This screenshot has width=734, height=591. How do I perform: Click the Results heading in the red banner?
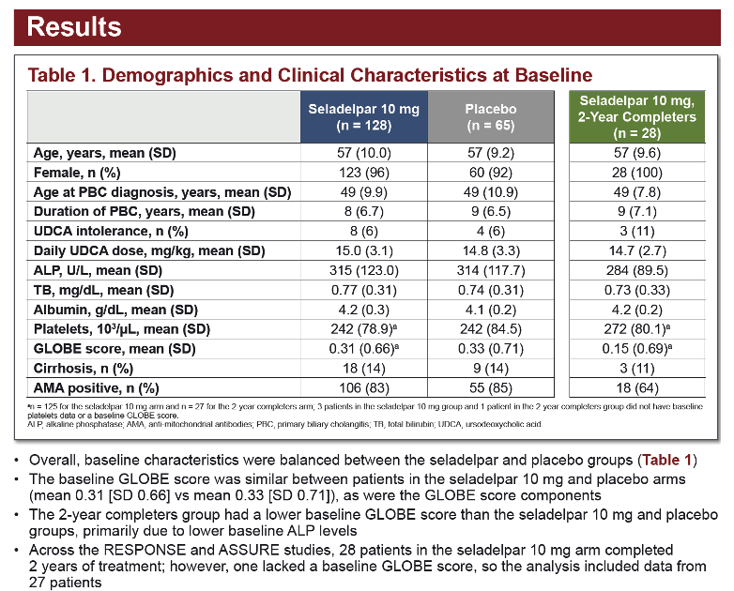(x=74, y=26)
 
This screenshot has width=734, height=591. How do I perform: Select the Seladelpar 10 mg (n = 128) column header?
(x=364, y=117)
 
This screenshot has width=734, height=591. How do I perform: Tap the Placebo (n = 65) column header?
(x=491, y=117)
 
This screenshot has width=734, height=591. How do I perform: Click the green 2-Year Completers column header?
(x=636, y=117)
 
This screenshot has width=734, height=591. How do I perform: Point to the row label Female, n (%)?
(x=77, y=173)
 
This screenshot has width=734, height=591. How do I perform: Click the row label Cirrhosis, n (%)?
(x=84, y=369)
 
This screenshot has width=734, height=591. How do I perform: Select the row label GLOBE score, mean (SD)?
(x=115, y=349)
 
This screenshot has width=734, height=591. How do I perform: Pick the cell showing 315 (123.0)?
(x=364, y=270)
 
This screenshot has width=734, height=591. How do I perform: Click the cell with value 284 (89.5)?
(x=636, y=270)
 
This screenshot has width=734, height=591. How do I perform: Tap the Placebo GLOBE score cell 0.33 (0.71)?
(x=491, y=349)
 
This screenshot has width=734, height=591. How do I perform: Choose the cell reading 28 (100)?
(x=636, y=173)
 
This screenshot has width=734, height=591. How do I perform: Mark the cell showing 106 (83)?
(x=364, y=388)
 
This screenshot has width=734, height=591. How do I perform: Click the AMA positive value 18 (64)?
(x=636, y=388)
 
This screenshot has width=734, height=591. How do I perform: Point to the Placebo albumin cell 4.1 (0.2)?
(x=491, y=310)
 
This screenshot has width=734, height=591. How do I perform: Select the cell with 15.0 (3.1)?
(x=364, y=250)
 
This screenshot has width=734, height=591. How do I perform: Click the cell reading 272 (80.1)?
(x=636, y=329)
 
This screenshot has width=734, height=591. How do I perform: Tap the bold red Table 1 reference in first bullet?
(x=666, y=460)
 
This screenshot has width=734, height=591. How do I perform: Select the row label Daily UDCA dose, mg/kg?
(x=149, y=250)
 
